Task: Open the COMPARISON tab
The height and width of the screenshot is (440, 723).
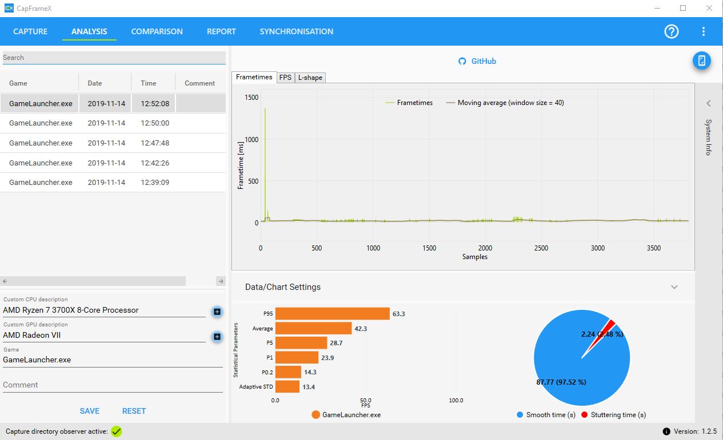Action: [157, 31]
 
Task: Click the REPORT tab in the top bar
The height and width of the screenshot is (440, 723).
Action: [221, 31]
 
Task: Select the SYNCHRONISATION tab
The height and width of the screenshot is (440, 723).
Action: [296, 31]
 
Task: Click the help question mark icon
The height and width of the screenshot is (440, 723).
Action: [672, 31]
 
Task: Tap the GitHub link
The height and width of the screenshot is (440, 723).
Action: [477, 61]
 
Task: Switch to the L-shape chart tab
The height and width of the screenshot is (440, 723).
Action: [310, 78]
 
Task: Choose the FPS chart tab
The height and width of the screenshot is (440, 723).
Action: [285, 78]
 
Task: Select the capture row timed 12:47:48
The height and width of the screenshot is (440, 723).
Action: [113, 143]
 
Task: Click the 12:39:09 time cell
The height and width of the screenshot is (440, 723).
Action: [155, 183]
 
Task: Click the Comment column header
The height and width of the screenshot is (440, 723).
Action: [199, 83]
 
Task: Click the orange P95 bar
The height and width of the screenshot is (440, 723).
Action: [333, 314]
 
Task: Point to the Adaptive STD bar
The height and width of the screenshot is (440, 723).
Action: [287, 386]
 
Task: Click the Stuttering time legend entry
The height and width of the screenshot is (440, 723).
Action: [614, 415]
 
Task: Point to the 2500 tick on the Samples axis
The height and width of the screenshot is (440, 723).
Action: [541, 248]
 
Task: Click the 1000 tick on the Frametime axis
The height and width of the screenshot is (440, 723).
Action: [251, 140]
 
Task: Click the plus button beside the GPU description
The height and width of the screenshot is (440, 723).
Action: [217, 337]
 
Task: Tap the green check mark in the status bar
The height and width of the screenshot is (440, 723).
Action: [116, 431]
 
